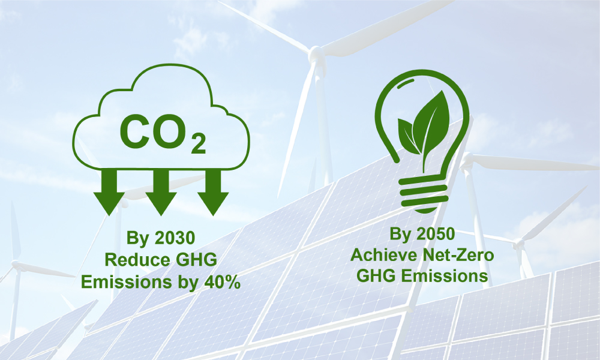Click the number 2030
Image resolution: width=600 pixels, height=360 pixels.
(x=175, y=238)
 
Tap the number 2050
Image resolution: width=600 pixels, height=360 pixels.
(x=434, y=234)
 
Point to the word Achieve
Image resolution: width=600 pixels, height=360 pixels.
(x=380, y=255)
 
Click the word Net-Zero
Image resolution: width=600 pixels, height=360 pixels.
(x=454, y=255)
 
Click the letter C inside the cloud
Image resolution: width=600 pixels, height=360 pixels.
(x=134, y=131)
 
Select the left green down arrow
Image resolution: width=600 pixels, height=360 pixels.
(x=109, y=193)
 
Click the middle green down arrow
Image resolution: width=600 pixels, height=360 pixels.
(x=161, y=193)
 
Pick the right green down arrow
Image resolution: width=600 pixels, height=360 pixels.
(x=213, y=193)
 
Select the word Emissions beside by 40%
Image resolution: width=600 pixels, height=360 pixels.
(x=126, y=283)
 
